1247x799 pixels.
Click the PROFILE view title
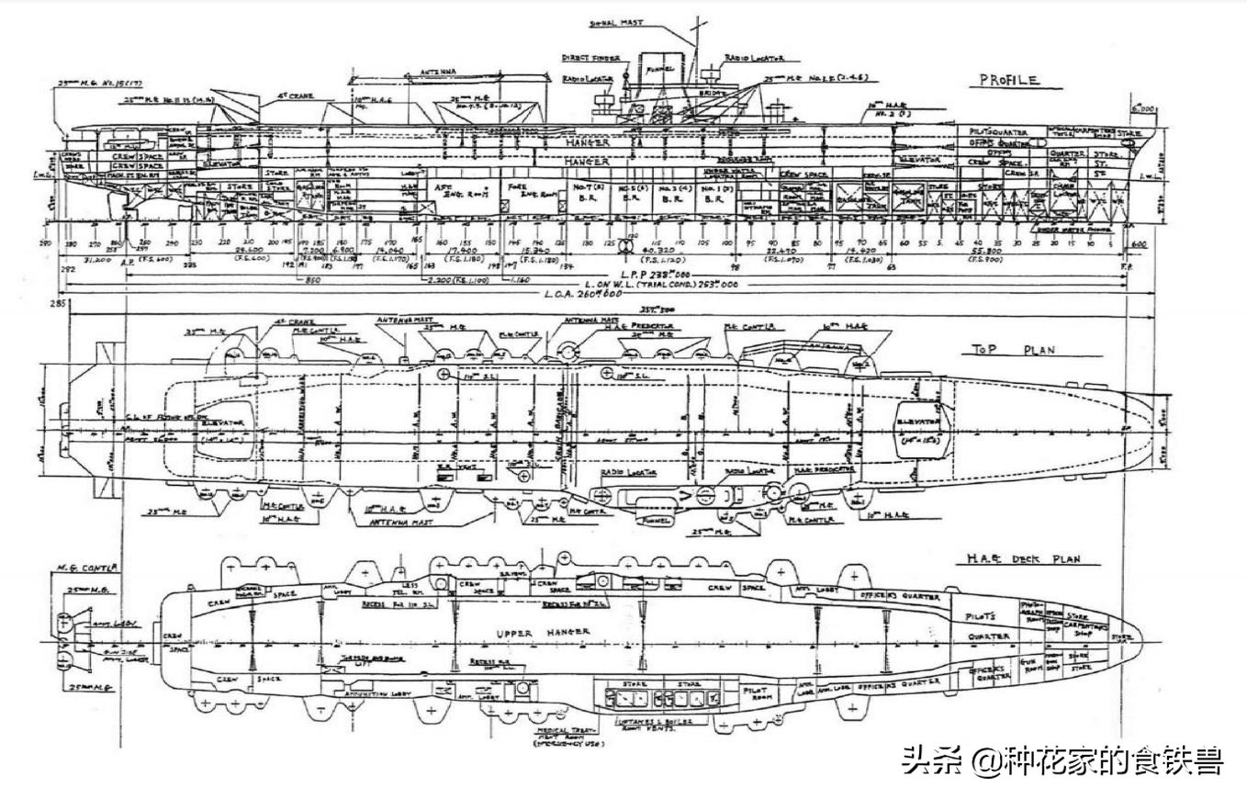[x=1007, y=81]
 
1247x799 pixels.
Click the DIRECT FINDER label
[x=590, y=57]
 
